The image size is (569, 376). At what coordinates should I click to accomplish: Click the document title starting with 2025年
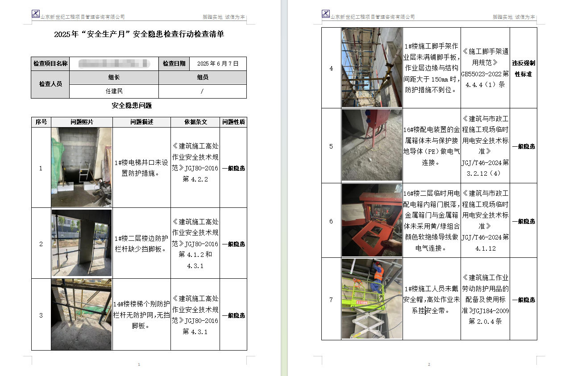[139, 35]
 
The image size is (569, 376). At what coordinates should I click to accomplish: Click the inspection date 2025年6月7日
[218, 64]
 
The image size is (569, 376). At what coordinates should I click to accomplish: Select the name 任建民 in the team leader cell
[114, 91]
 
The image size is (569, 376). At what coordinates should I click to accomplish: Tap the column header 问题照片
[82, 122]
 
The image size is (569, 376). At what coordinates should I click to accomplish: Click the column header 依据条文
[195, 122]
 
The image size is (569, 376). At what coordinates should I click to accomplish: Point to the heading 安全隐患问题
[132, 106]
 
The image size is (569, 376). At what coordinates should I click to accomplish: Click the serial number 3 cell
[41, 315]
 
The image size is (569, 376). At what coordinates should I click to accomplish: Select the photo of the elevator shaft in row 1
[81, 167]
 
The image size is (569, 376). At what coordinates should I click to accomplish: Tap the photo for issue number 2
[81, 243]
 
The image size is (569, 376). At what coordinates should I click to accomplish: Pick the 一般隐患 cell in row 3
[233, 315]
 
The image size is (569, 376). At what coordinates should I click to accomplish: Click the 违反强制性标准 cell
[523, 68]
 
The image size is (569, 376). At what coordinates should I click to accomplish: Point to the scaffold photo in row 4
[372, 68]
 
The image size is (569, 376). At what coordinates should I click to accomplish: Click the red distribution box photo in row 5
[372, 145]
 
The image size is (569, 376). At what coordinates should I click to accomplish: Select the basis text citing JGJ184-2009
[485, 299]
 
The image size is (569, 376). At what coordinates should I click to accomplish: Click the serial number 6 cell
[331, 221]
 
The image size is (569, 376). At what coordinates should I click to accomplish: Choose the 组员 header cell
[203, 77]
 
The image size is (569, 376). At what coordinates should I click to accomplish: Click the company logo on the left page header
[36, 14]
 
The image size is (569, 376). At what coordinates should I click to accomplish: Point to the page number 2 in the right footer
[429, 364]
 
